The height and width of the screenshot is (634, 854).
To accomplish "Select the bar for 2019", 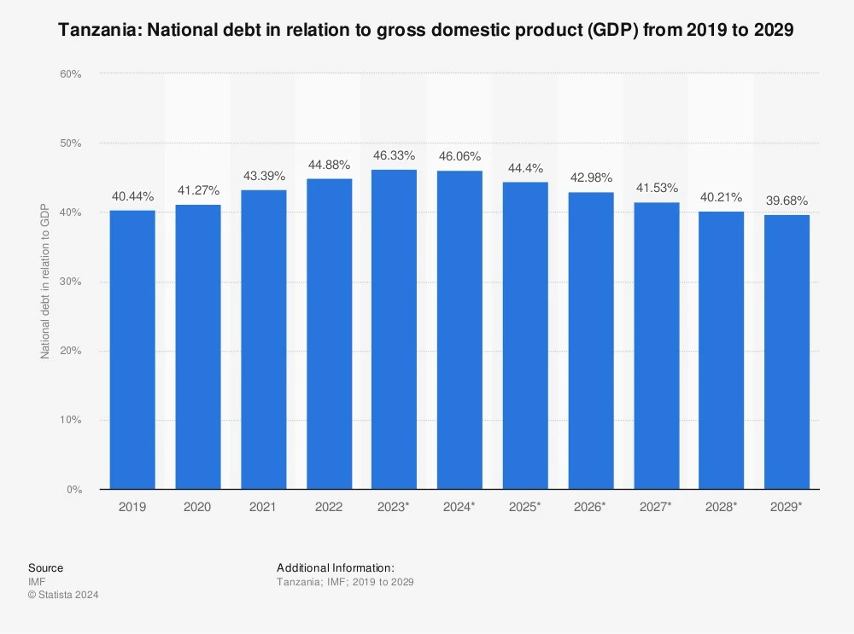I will pyautogui.click(x=132, y=350).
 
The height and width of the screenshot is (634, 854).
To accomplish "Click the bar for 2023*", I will pyautogui.click(x=394, y=329).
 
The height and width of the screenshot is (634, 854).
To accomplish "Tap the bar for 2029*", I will pyautogui.click(x=787, y=352).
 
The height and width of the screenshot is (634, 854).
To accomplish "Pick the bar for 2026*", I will pyautogui.click(x=590, y=340).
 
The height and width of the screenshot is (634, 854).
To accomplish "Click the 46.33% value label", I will pyautogui.click(x=394, y=156).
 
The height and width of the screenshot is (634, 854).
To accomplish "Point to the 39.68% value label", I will pyautogui.click(x=787, y=201).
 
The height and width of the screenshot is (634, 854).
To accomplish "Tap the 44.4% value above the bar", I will pyautogui.click(x=524, y=169).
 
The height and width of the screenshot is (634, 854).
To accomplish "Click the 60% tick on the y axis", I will pyautogui.click(x=71, y=74).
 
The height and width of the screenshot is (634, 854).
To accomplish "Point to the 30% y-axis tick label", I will pyautogui.click(x=71, y=282).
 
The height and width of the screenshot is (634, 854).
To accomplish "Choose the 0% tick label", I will pyautogui.click(x=74, y=490).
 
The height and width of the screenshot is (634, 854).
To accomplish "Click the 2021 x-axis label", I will pyautogui.click(x=263, y=507).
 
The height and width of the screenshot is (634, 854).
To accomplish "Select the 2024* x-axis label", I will pyautogui.click(x=459, y=507).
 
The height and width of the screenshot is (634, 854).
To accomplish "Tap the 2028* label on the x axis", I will pyautogui.click(x=721, y=507).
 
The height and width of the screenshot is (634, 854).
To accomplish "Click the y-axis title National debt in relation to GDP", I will pyautogui.click(x=46, y=282).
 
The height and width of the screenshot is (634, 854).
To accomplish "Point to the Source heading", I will pyautogui.click(x=45, y=567).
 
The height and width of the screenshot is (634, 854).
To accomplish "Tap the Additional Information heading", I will pyautogui.click(x=335, y=567).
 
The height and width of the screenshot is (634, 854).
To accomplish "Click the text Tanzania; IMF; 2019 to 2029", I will pyautogui.click(x=345, y=582).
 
